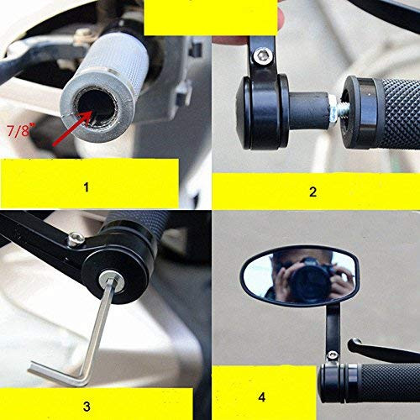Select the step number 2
pyautogui.click(x=312, y=192)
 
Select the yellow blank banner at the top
pyautogui.click(x=210, y=17)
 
